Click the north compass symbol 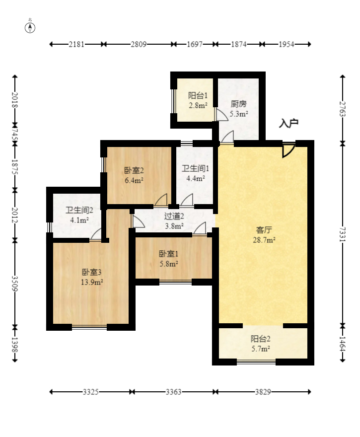coord(30,27)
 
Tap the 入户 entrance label coord(288,124)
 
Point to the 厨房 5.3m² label coord(239,109)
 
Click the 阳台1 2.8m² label coord(197,100)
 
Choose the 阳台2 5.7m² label coord(260,344)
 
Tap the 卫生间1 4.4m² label coord(192,173)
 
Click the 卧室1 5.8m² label coord(169,259)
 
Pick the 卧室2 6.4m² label coord(134,175)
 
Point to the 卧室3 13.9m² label coord(92,277)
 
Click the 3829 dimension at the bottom coord(263,392)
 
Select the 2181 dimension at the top coord(77,44)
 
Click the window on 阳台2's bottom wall coord(256,362)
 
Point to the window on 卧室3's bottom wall coord(89,327)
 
